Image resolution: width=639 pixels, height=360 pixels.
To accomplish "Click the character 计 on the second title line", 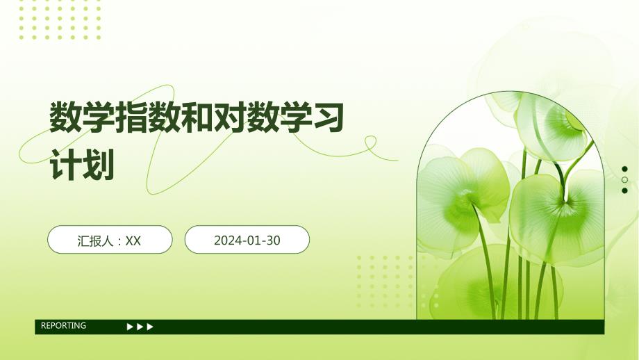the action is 65,165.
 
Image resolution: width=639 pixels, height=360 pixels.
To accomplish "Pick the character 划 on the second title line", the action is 98,165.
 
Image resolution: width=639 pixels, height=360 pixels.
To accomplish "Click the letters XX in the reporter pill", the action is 133,241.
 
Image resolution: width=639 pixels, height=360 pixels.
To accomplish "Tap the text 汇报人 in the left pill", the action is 95,241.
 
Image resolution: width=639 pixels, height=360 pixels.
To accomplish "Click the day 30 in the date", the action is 273,240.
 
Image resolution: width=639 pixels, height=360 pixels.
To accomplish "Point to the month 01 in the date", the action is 254,240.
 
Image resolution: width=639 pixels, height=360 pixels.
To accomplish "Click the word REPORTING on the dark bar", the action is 64,325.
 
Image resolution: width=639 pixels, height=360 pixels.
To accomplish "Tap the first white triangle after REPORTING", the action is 130,327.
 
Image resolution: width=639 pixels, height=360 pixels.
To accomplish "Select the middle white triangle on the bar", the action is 140,327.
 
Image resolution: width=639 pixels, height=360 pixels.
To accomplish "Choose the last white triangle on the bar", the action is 150,327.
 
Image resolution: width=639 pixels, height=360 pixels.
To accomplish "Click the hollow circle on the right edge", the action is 624,180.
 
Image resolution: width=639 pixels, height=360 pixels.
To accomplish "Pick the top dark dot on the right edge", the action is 624,169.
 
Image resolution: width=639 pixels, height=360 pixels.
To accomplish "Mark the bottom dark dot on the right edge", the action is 624,190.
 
